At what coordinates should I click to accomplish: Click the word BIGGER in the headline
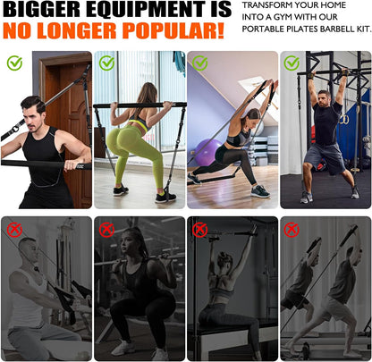(x=41, y=9)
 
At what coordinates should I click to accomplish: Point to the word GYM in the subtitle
(x=283, y=17)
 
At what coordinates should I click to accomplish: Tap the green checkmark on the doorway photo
(x=14, y=63)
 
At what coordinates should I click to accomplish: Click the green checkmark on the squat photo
(x=106, y=63)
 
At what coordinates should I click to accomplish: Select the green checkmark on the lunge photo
(x=199, y=63)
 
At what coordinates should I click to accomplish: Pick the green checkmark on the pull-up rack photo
(x=292, y=63)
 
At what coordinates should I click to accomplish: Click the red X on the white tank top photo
(x=14, y=230)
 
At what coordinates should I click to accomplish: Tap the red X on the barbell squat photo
(x=106, y=230)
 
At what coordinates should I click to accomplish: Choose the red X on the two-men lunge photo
(x=292, y=230)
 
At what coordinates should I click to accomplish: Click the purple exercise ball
(x=205, y=151)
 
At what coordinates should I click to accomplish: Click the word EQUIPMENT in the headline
(x=146, y=9)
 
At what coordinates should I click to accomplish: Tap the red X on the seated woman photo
(x=199, y=230)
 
